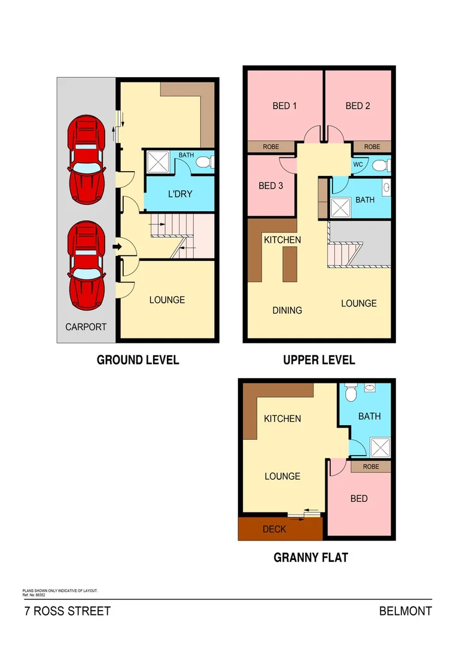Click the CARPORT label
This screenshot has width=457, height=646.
[x=86, y=327]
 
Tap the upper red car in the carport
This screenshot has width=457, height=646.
[x=87, y=160]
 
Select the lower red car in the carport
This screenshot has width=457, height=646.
[x=87, y=265]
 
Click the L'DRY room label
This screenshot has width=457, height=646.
[x=179, y=194]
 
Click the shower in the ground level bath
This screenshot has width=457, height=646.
[x=158, y=161]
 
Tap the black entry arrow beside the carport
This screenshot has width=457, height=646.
[x=117, y=245]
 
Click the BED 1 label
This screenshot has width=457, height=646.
[x=285, y=106]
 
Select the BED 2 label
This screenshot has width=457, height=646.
[x=358, y=106]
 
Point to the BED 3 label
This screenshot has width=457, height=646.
[x=270, y=185]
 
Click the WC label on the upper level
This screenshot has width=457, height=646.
[x=358, y=164]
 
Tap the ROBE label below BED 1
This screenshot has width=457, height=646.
[x=271, y=147]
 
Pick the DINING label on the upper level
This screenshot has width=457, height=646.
[x=287, y=310]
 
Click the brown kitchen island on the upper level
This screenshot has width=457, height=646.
[x=290, y=263]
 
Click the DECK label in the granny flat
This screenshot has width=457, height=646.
[x=275, y=529]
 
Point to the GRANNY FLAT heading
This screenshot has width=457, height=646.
[x=310, y=557]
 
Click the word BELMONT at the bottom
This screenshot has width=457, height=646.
[x=405, y=611]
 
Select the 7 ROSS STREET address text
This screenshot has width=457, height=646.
[x=68, y=611]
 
